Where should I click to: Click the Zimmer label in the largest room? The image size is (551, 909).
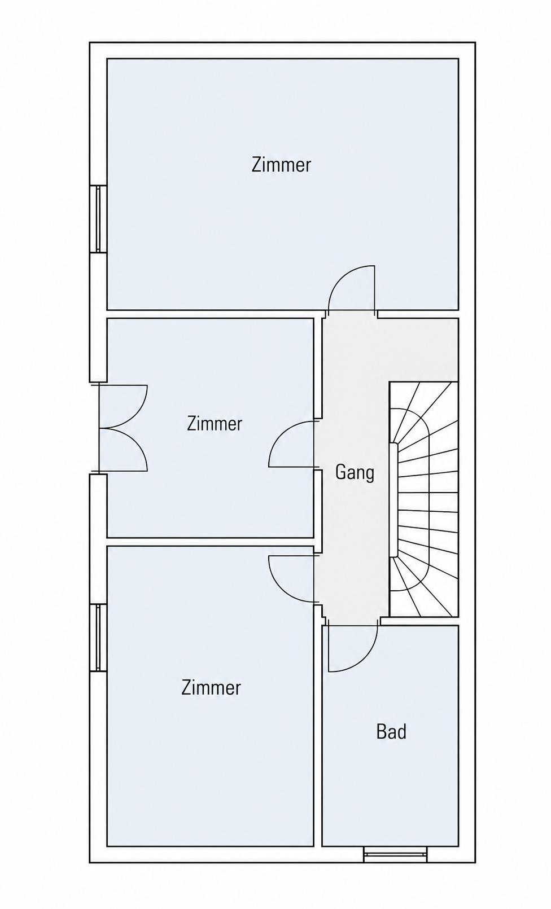pyautogui.click(x=281, y=165)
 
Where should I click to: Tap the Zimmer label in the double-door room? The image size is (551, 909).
pyautogui.click(x=215, y=424)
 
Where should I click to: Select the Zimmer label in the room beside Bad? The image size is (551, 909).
pyautogui.click(x=211, y=687)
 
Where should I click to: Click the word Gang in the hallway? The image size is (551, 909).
pyautogui.click(x=355, y=473)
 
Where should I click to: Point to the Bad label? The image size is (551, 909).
pyautogui.click(x=391, y=732)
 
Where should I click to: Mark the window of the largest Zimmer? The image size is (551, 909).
pyautogui.click(x=98, y=219)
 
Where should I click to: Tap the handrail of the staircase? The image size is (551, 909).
pyautogui.click(x=393, y=500)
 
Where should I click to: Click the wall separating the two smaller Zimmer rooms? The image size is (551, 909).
pyautogui.click(x=211, y=542)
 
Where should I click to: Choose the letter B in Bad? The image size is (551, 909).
pyautogui.click(x=382, y=732)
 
